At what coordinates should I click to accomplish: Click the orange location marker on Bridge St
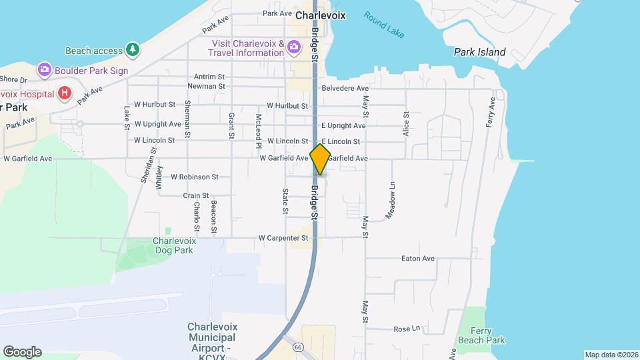point(320,159)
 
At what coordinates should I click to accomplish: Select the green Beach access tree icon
point(133,49)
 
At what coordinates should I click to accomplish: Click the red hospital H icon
point(65,92)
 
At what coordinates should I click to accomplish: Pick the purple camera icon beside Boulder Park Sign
point(45,69)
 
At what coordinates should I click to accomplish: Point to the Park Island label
point(479,52)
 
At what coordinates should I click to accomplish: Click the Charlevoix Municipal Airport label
point(213,337)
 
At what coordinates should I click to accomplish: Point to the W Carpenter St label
point(283,237)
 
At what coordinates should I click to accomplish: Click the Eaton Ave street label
point(418,259)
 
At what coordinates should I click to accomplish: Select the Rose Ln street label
point(407,329)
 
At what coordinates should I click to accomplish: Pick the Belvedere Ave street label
point(345,88)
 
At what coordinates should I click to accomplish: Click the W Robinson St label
point(195,177)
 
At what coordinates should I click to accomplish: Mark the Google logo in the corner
point(22,352)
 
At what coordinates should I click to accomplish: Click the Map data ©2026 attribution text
point(611,355)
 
